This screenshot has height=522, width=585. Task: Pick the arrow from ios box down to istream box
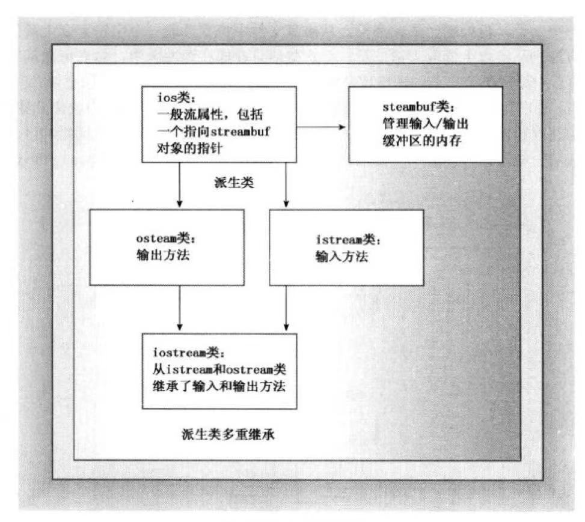286,185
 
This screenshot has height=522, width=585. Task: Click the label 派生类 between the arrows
234,182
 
